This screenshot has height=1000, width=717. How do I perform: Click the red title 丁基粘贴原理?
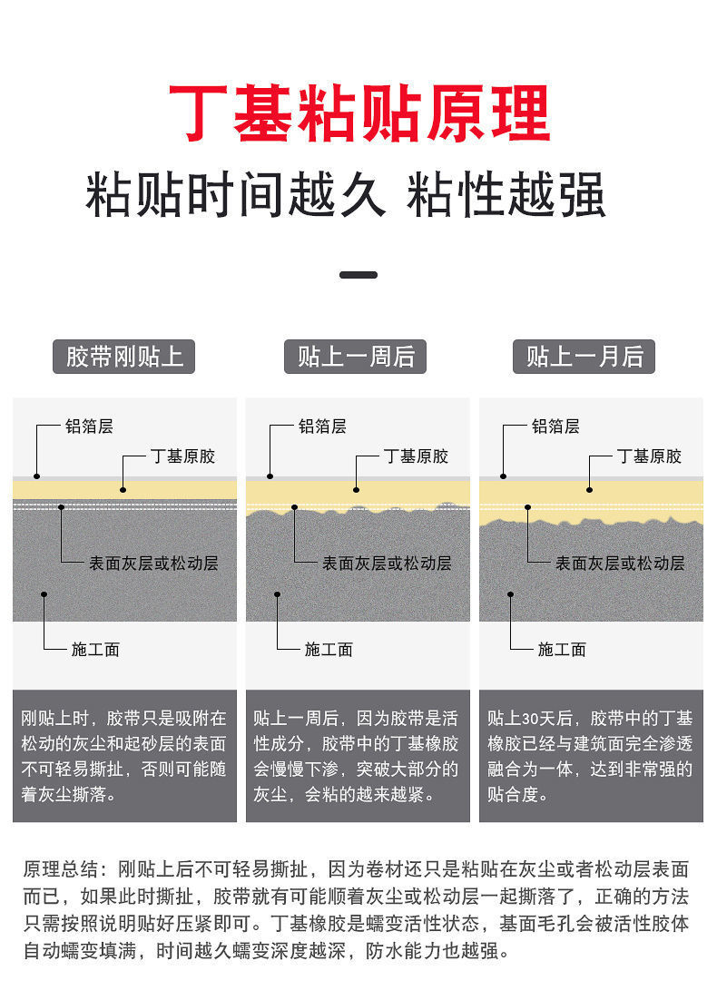point(358,113)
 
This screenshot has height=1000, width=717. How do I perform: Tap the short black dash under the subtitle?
point(358,274)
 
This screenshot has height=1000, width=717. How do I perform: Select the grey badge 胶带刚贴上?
point(124,357)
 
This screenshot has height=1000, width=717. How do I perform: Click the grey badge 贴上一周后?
point(357,357)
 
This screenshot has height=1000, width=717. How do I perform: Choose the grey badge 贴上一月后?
point(584,357)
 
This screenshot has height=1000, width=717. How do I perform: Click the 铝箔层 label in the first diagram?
point(89,426)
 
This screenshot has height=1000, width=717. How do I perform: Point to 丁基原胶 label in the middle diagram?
point(416,456)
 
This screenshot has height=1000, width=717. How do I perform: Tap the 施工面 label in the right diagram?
point(562,649)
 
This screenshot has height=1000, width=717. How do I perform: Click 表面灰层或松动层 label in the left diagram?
point(153,563)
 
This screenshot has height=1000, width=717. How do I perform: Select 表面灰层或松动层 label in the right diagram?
point(620,563)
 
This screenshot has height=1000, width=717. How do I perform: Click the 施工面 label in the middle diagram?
point(329,649)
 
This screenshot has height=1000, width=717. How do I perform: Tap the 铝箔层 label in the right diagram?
point(555,426)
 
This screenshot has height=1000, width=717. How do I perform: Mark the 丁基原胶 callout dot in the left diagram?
point(123,489)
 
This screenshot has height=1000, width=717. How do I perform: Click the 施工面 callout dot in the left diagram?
point(44,594)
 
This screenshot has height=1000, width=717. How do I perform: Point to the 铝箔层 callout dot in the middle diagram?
point(270,475)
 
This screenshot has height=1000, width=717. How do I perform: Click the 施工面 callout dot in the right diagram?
point(510,594)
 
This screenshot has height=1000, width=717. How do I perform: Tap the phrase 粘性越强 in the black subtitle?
point(506,195)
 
